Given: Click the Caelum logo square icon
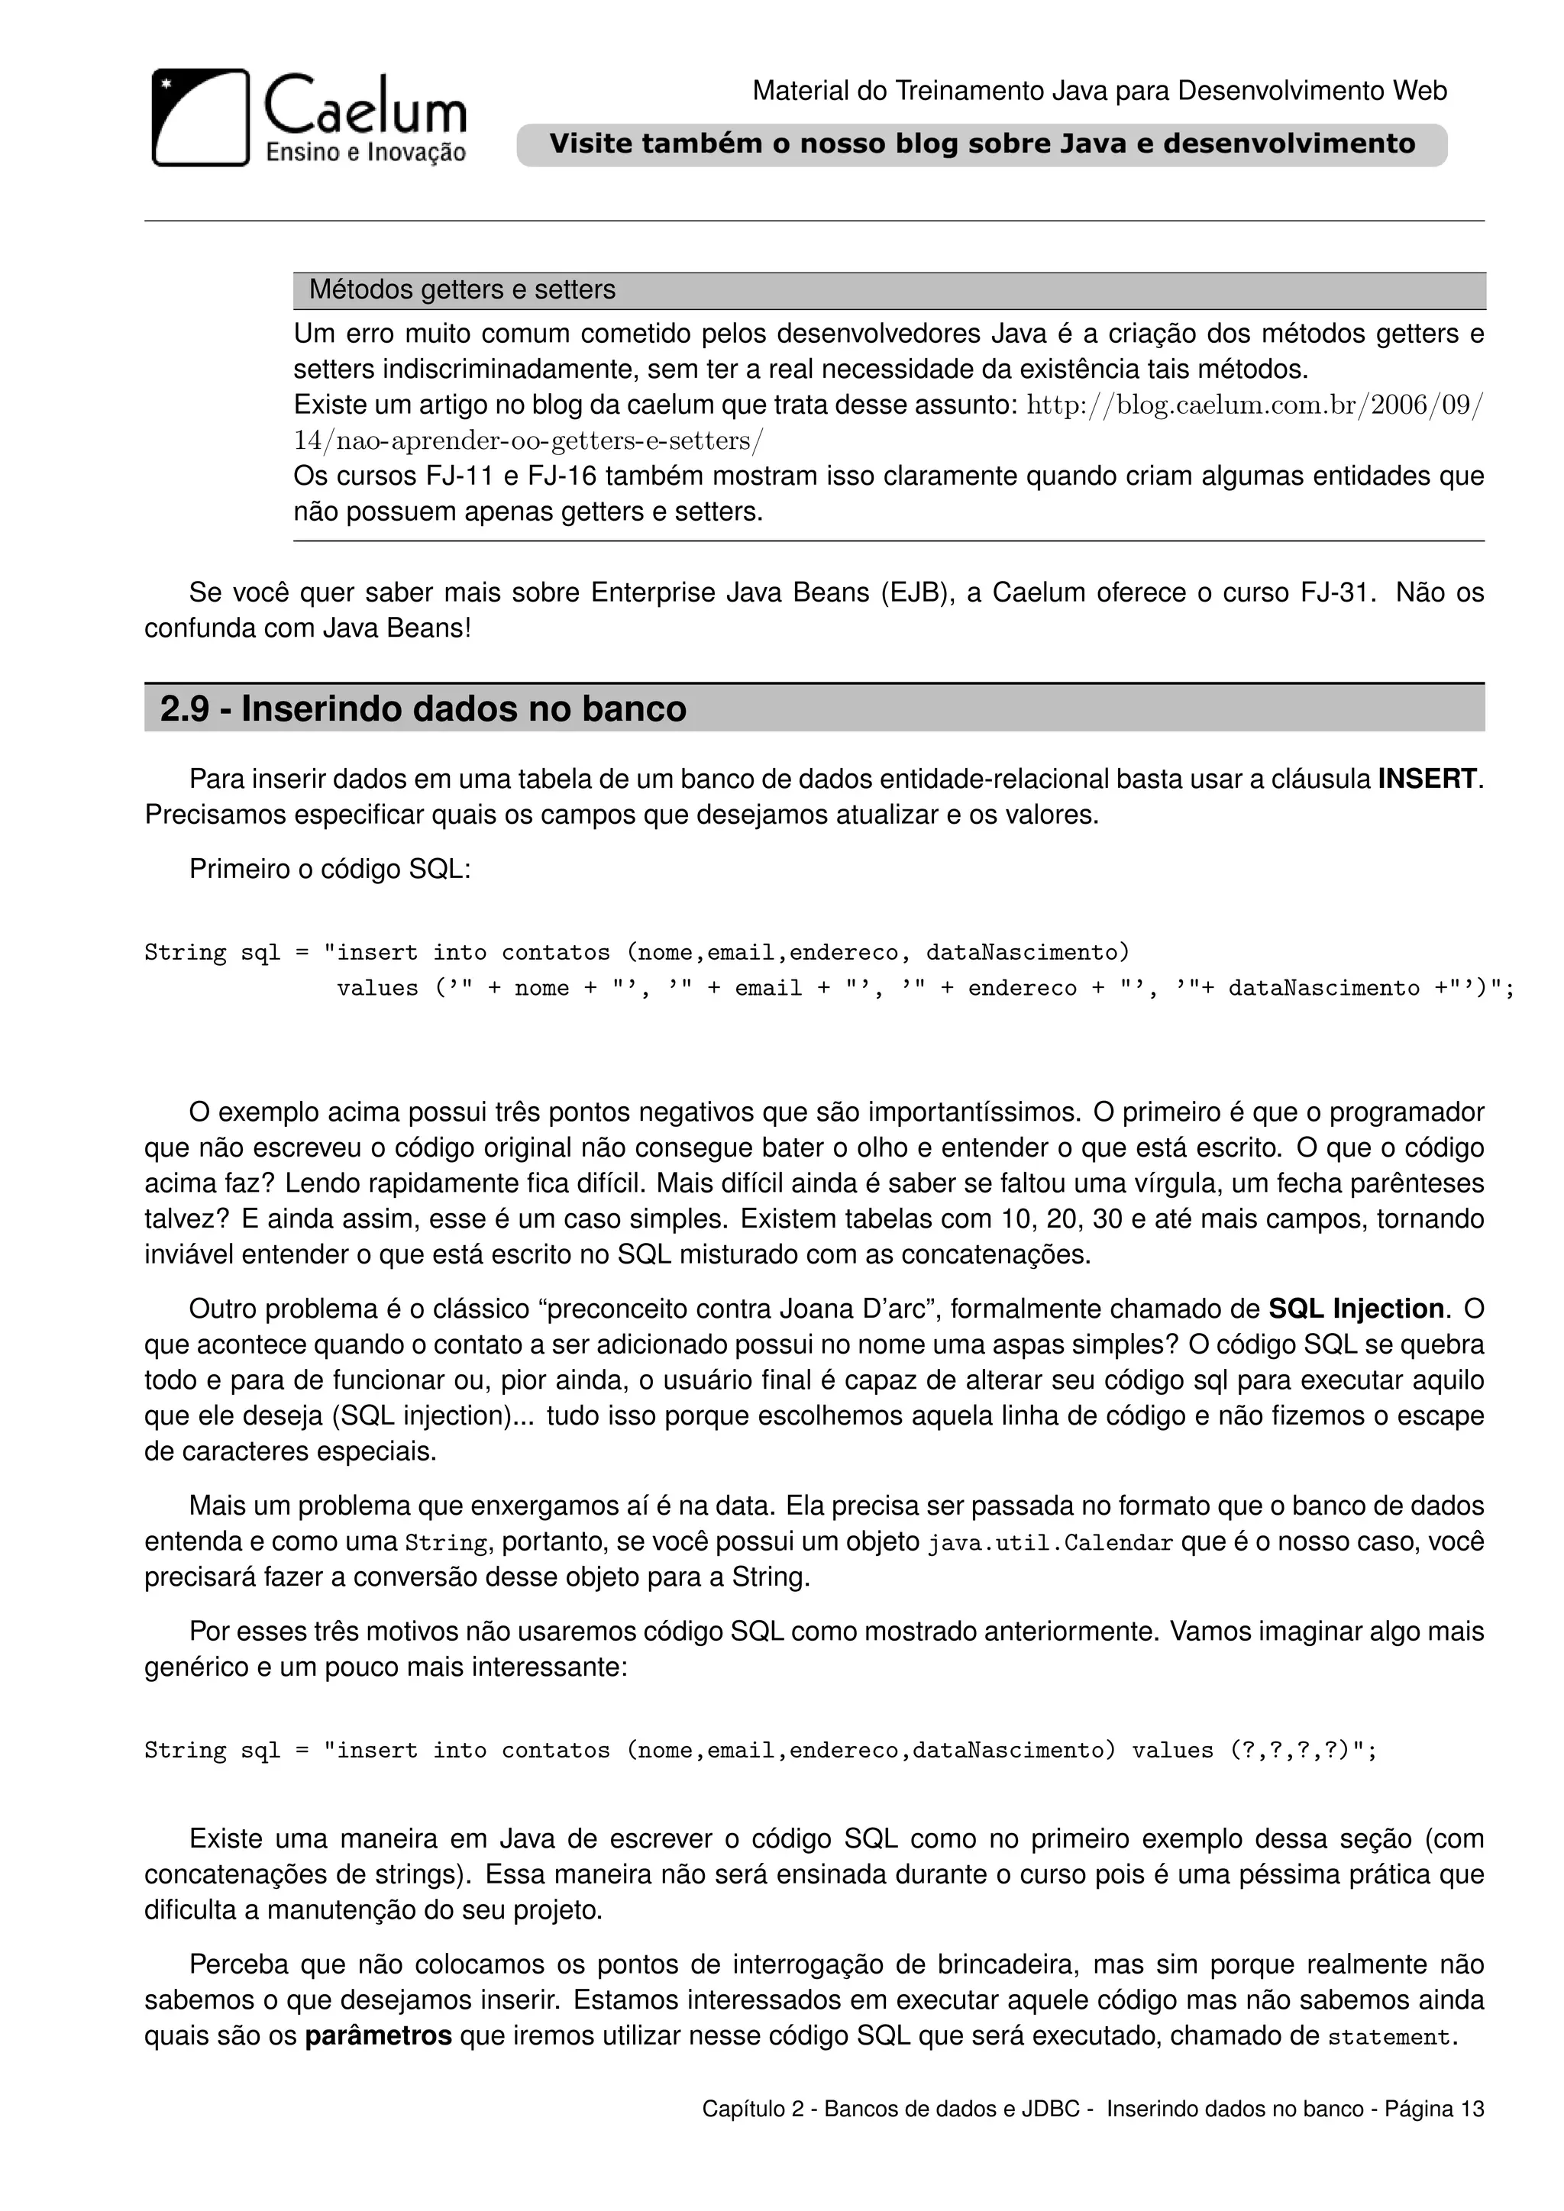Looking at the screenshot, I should [200, 118].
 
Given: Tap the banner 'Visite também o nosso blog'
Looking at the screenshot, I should [981, 144].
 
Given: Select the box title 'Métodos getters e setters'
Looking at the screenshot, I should [462, 290].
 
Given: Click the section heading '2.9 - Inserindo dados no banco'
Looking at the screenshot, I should [423, 708].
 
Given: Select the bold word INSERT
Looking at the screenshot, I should [1427, 779].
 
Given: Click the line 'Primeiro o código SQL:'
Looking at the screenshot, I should [329, 870].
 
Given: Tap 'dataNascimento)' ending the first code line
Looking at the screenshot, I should [1026, 952].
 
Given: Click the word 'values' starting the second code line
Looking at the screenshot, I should [376, 988].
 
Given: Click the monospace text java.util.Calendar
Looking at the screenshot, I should [1050, 1543].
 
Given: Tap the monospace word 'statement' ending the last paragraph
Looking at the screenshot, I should [1388, 2038].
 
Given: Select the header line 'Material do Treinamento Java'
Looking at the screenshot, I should [1099, 92].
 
